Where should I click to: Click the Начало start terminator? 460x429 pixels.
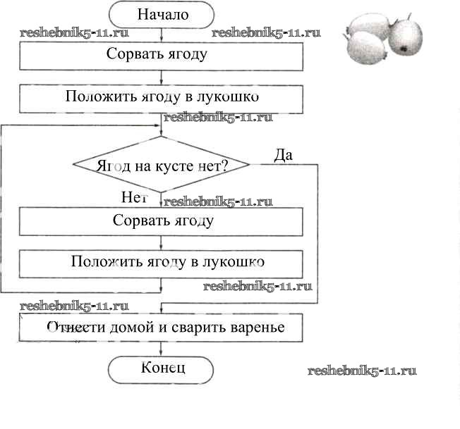point(162,14)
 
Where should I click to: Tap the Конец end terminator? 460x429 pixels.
point(162,368)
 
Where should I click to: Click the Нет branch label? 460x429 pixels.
point(135,198)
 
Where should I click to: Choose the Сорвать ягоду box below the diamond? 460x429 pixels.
point(162,220)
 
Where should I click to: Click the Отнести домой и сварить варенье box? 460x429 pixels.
point(162,327)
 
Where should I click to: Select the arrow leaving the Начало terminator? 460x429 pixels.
point(162,33)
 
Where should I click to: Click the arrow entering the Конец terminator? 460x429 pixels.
point(162,348)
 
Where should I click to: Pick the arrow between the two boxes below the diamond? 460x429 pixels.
point(162,242)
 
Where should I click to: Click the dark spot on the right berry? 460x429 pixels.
point(404,49)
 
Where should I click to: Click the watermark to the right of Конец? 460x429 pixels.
point(363,371)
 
